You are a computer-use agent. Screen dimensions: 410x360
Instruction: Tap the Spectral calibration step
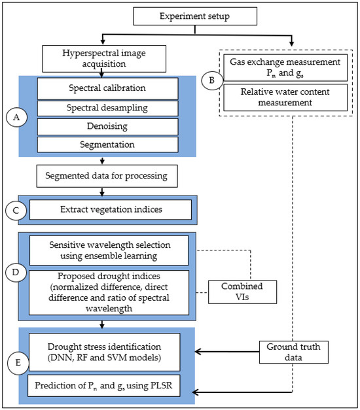click(x=107, y=88)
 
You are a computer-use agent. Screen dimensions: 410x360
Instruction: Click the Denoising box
click(x=107, y=126)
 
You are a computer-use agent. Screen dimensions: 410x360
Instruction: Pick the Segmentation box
click(x=107, y=144)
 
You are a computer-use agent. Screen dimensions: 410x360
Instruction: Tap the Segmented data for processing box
click(x=101, y=175)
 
